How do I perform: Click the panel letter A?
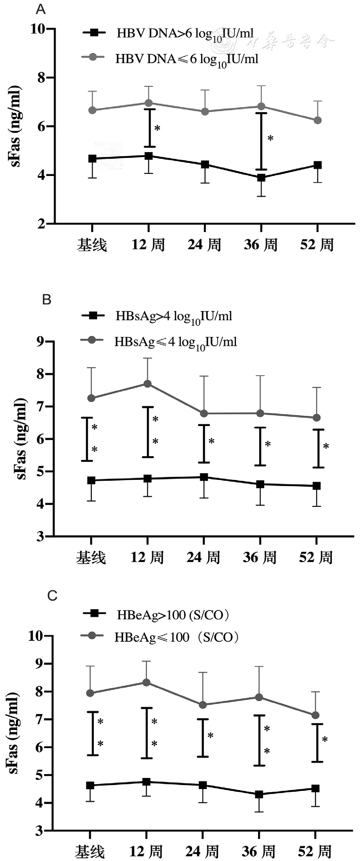click(x=41, y=9)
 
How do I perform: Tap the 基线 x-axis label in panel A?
click(x=92, y=245)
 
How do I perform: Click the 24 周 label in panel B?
click(x=203, y=558)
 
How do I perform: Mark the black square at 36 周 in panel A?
click(x=261, y=178)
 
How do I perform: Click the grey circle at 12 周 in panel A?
click(x=148, y=103)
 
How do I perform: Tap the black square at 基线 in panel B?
click(x=91, y=480)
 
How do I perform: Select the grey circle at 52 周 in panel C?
click(x=315, y=715)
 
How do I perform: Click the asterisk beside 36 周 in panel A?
click(x=271, y=138)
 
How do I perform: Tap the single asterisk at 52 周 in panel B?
click(x=326, y=446)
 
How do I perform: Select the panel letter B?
click(x=46, y=300)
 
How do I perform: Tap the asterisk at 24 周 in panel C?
click(x=211, y=735)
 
